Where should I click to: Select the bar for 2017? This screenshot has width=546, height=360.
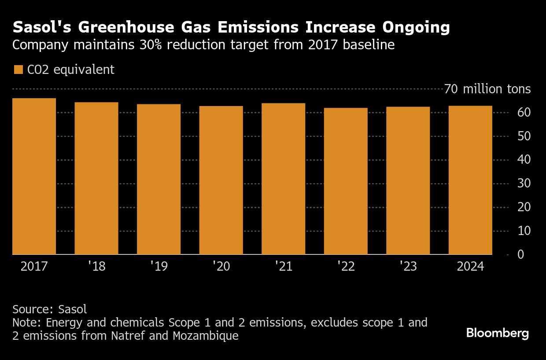[34, 176]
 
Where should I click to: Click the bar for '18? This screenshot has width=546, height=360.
[96, 178]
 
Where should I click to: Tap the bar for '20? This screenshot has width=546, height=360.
[221, 180]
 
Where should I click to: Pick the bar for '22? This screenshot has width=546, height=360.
[346, 181]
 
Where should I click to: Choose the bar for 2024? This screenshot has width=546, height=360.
[470, 180]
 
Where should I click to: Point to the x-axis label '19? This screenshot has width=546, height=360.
[159, 267]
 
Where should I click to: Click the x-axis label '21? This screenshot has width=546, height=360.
[284, 267]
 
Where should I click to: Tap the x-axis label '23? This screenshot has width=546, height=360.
[408, 267]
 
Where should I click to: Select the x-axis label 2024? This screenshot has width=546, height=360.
[470, 267]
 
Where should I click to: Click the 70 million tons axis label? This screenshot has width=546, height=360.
[487, 89]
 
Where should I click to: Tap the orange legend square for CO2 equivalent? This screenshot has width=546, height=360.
[18, 70]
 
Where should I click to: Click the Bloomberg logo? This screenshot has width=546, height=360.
[498, 333]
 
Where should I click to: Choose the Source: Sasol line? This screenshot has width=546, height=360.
[50, 309]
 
